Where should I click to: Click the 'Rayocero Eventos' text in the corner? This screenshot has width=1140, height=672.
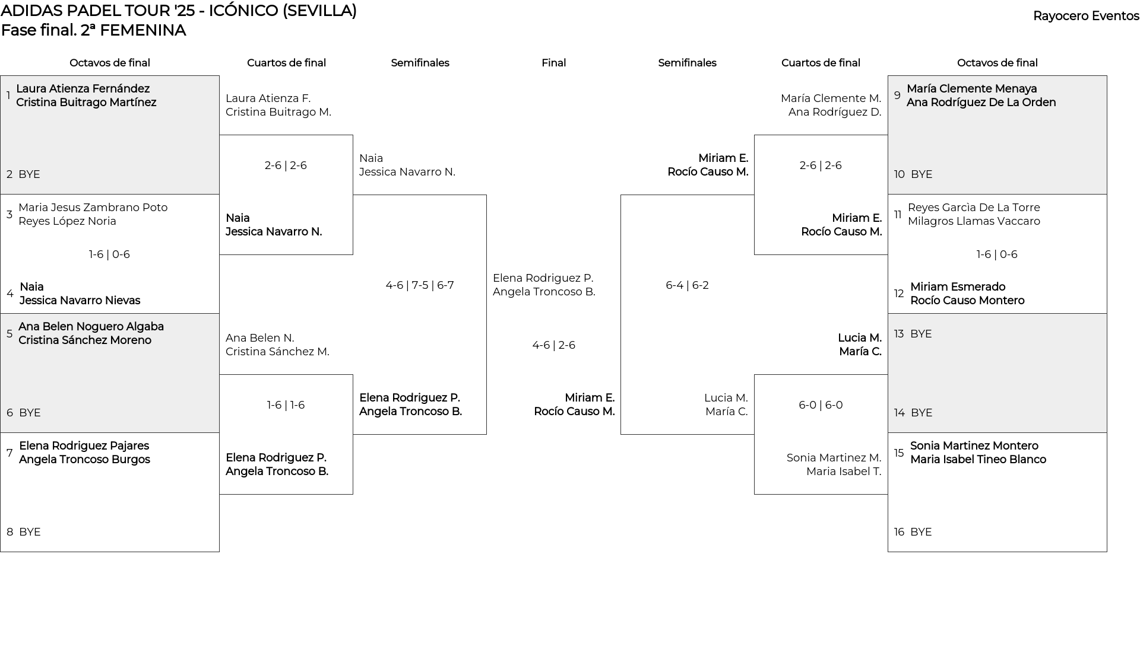pyautogui.click(x=1086, y=17)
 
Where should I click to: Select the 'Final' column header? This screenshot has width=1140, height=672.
pyautogui.click(x=553, y=63)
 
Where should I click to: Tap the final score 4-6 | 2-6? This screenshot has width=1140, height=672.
pyautogui.click(x=553, y=345)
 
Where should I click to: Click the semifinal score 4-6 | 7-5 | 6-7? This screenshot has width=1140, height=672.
pyautogui.click(x=420, y=285)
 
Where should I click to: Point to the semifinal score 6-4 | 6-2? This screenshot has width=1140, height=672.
pyautogui.click(x=687, y=285)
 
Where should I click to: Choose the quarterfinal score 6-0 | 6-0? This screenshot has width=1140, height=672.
pyautogui.click(x=821, y=405)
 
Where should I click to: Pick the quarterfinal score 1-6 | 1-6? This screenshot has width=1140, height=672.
pyautogui.click(x=286, y=405)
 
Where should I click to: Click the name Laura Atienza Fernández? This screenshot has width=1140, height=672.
pyautogui.click(x=83, y=89)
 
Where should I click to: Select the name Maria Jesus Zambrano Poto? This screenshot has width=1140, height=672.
pyautogui.click(x=93, y=208)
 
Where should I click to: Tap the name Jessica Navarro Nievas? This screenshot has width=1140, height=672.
pyautogui.click(x=80, y=301)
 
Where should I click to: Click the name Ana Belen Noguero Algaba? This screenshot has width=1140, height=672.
pyautogui.click(x=91, y=327)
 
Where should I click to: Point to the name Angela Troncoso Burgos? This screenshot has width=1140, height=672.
pyautogui.click(x=84, y=460)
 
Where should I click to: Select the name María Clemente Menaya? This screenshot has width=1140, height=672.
pyautogui.click(x=971, y=89)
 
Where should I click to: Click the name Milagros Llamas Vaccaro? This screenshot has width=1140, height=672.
pyautogui.click(x=974, y=221)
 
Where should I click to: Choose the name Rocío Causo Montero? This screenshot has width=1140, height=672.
pyautogui.click(x=967, y=301)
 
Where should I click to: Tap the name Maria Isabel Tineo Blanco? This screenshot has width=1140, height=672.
pyautogui.click(x=978, y=460)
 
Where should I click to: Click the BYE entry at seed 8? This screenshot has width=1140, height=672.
pyautogui.click(x=30, y=532)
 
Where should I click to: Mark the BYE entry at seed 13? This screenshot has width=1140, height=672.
pyautogui.click(x=921, y=334)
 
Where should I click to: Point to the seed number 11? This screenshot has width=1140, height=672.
pyautogui.click(x=898, y=215)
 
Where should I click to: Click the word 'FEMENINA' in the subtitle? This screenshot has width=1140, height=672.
pyautogui.click(x=142, y=30)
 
